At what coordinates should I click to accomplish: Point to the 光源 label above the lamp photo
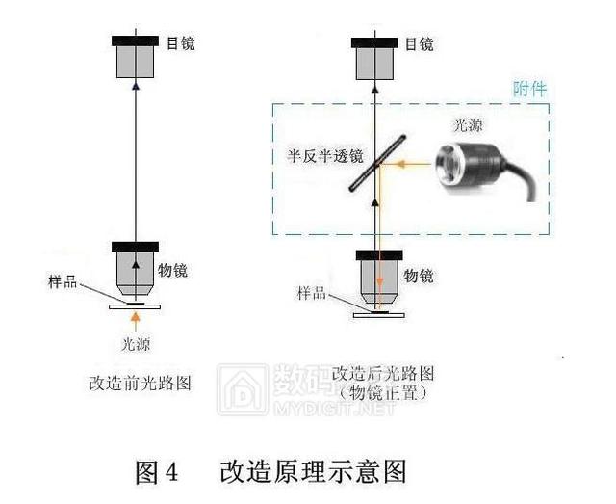(x=468, y=125)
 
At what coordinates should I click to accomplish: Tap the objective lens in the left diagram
(x=136, y=274)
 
